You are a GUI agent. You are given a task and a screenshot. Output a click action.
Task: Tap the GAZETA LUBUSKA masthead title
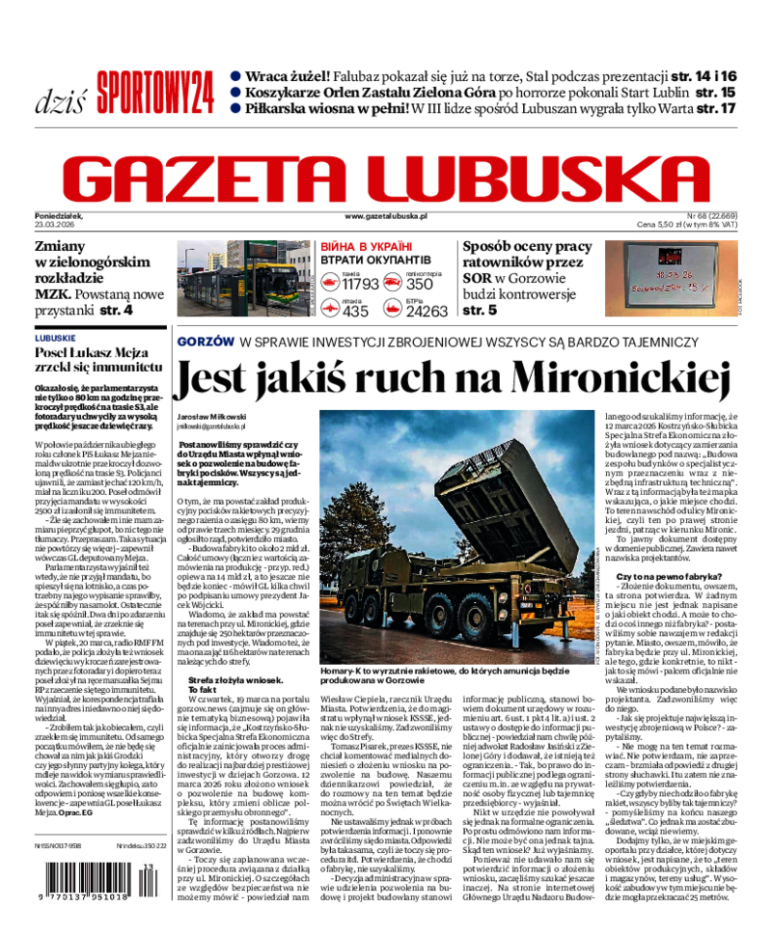pos(386,179)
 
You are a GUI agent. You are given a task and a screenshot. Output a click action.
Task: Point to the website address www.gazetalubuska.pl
pos(385,219)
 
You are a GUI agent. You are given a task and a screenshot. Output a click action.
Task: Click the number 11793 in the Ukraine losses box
pos(360,284)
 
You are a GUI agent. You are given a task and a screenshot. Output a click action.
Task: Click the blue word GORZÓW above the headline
pos(206,342)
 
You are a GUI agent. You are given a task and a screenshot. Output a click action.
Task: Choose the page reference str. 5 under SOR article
pos(481,310)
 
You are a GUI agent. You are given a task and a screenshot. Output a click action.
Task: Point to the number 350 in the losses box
pos(419,284)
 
